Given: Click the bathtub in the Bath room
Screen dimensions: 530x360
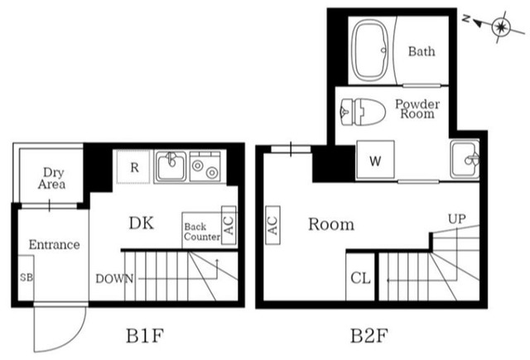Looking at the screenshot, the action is tap(370, 50).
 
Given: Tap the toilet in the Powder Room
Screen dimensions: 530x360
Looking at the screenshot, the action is tap(363, 112).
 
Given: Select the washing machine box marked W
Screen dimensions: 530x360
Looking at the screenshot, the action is tap(375, 160).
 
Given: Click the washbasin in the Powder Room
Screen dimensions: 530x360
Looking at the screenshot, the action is tap(465, 160).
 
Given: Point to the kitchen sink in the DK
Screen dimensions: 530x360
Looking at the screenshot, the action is tap(171, 166).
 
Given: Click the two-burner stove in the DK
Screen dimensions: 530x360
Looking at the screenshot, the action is tap(205, 167).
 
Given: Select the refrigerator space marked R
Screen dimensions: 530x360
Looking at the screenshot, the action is tap(133, 167).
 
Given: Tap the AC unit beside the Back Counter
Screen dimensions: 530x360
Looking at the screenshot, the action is tap(229, 225).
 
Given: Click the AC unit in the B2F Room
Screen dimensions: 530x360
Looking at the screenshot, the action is tap(272, 225).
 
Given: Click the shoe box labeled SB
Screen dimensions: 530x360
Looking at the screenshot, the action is tap(26, 277).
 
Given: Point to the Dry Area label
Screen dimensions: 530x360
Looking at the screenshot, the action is tap(52, 178).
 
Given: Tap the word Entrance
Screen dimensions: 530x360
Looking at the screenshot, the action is tap(54, 244).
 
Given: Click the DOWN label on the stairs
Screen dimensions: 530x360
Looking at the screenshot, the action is tap(114, 279).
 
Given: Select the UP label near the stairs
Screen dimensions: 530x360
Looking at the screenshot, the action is tap(456, 219).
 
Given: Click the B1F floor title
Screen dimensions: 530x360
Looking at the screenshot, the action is tap(145, 336).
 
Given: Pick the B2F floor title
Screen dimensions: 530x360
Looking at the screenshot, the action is tap(369, 336).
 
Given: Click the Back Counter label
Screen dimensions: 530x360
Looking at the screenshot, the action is tap(202, 232).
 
